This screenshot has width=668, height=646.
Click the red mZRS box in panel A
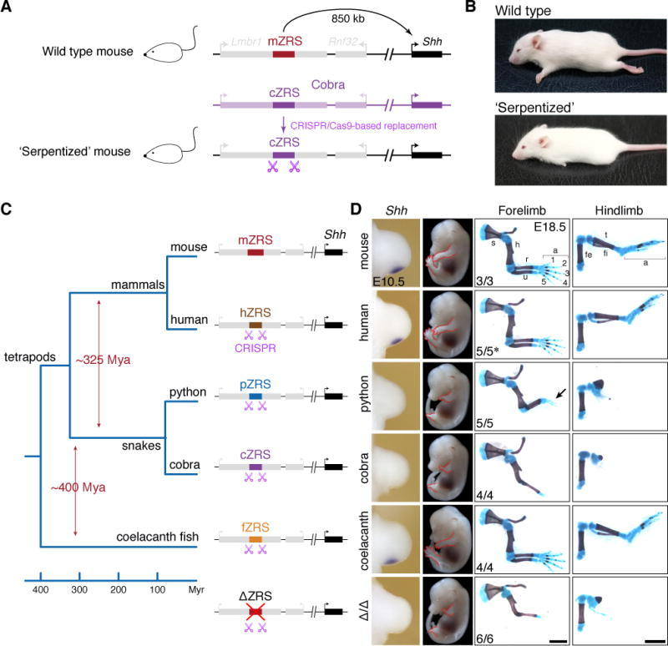coord(283,53)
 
